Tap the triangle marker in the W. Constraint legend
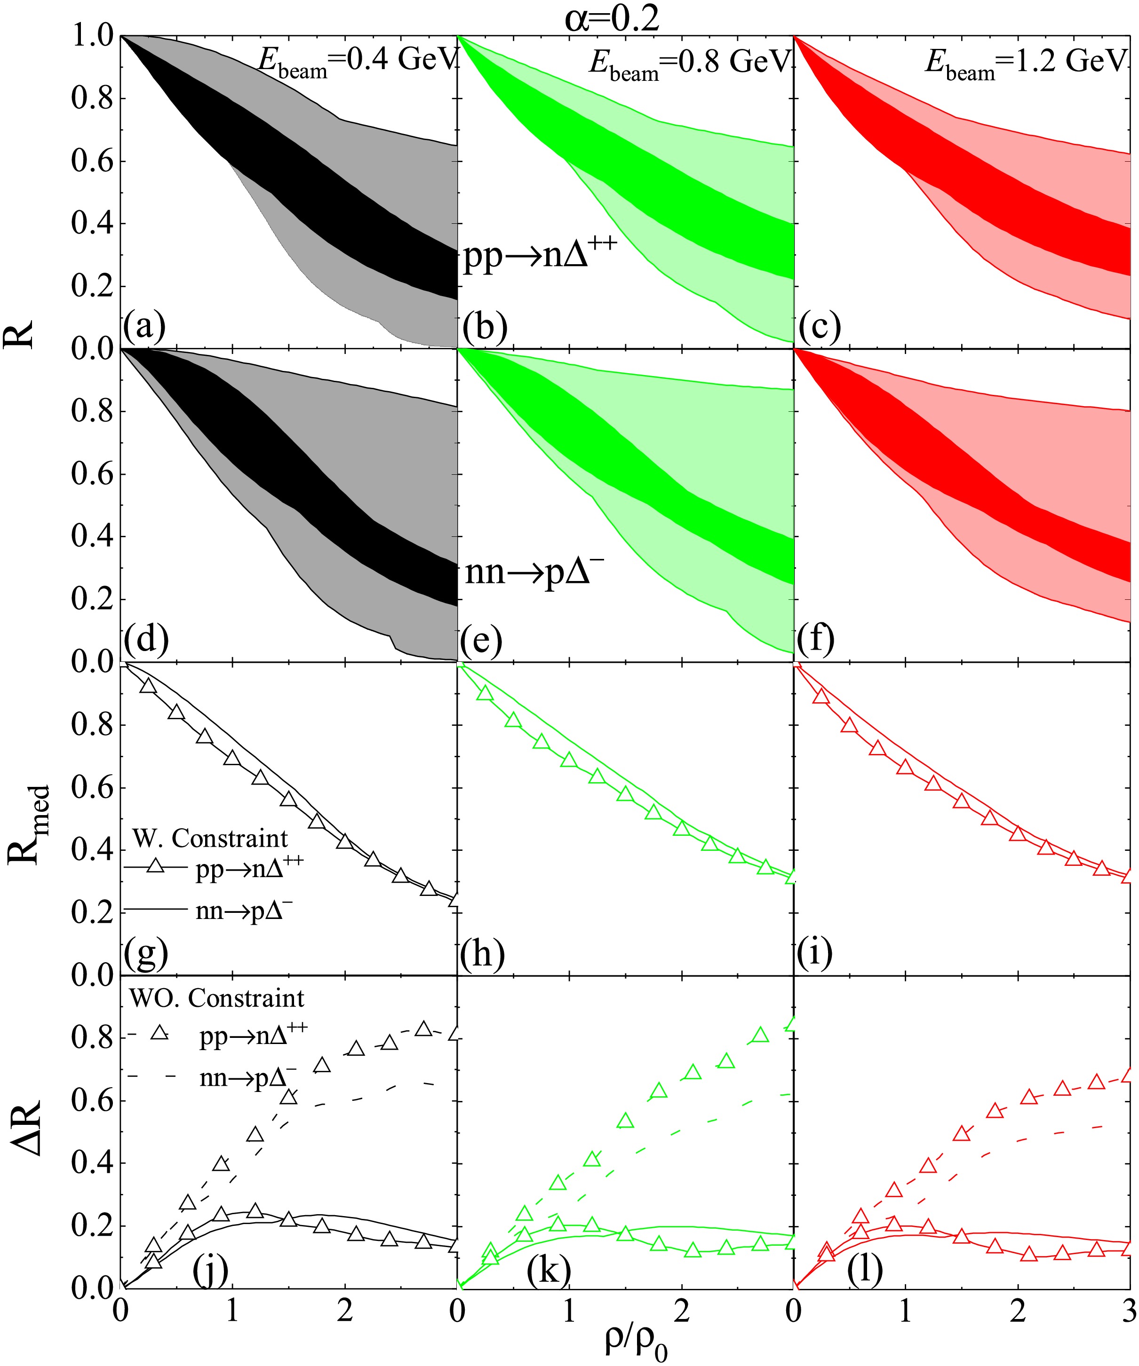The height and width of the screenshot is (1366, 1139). [155, 866]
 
